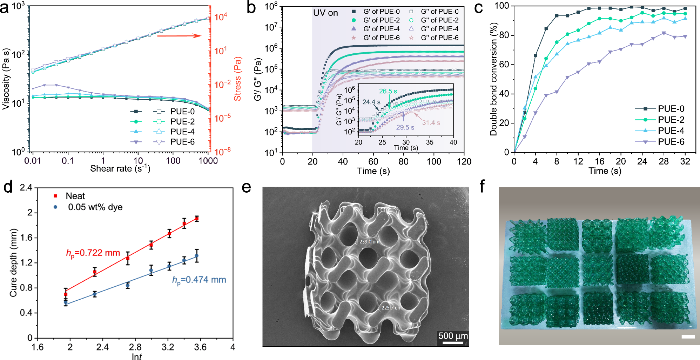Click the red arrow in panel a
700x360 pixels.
tap(179, 35)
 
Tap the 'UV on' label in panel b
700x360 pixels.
tap(325, 13)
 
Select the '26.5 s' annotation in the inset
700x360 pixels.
tap(388, 91)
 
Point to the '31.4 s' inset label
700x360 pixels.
tap(431, 122)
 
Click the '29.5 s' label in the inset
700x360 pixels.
tap(405, 127)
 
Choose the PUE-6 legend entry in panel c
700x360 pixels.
tap(671, 142)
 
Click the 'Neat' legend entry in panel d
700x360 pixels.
tap(75, 196)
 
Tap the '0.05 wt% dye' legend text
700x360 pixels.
tap(95, 207)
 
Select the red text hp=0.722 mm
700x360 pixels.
tap(93, 253)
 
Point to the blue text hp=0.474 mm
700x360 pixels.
tap(199, 280)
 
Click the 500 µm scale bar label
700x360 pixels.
tap(453, 336)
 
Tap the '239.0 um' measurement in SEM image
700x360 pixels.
tap(369, 242)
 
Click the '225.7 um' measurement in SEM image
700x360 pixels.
tap(391, 308)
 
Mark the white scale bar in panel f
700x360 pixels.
tap(688, 337)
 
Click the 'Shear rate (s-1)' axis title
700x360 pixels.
tap(120, 169)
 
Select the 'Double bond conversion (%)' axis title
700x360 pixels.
tap(493, 79)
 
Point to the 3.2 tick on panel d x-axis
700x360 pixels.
tap(168, 347)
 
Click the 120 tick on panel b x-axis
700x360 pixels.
tap(464, 161)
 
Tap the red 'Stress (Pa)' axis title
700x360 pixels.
tap(237, 79)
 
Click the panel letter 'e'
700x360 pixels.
tap(247, 187)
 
